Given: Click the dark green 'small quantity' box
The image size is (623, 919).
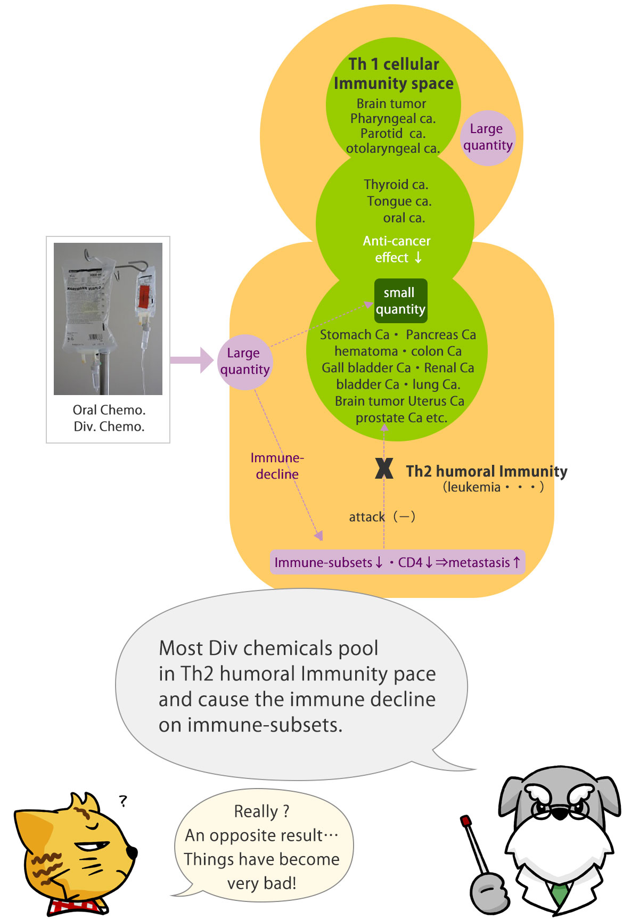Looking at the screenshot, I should (x=400, y=301).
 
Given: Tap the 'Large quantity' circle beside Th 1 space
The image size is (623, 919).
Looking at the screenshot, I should (x=487, y=137).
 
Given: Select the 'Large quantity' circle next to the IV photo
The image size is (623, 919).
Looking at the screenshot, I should (x=245, y=362).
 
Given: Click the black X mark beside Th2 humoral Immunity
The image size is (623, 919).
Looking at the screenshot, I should (x=384, y=469).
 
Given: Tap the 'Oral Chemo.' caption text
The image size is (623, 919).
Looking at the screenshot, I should (x=109, y=410).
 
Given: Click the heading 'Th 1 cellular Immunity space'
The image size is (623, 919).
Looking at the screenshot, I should (x=394, y=73).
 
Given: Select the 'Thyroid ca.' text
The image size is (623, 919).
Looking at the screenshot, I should (x=396, y=185).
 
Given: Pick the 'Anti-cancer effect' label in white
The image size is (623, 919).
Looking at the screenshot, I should (x=397, y=249).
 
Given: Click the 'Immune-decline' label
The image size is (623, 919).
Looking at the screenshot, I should (x=277, y=466).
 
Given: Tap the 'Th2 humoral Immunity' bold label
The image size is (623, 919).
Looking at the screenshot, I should (x=486, y=471).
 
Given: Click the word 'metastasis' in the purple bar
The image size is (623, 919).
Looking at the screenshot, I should (x=479, y=563).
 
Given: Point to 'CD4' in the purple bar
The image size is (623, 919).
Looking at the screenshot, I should (x=410, y=563).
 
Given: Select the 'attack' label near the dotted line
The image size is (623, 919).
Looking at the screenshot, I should (x=366, y=517).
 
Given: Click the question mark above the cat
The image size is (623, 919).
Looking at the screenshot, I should (x=123, y=801).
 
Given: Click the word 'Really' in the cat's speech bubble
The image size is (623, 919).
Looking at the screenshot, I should (x=256, y=811).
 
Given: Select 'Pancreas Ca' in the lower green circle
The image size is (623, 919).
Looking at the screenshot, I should (x=441, y=335).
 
